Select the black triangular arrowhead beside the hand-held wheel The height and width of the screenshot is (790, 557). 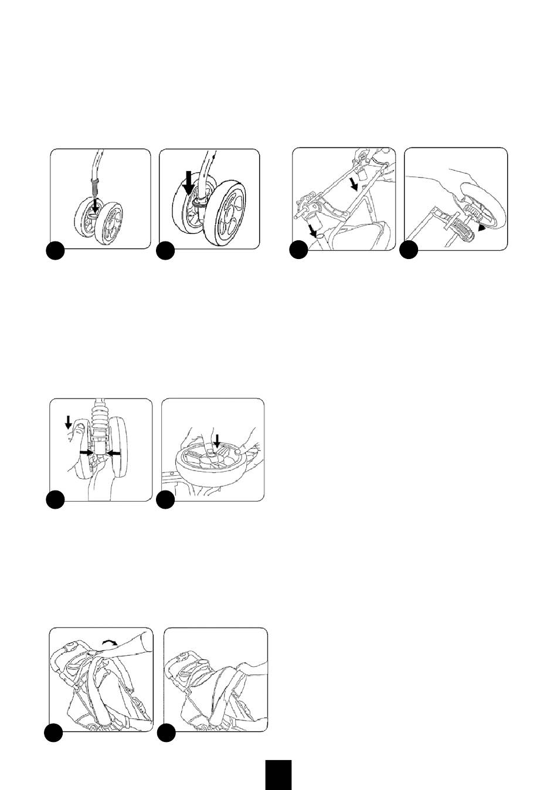[481, 230]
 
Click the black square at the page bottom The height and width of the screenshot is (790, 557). [277, 775]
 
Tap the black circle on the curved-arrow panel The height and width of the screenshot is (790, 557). [55, 733]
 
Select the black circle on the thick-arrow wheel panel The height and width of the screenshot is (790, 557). [166, 250]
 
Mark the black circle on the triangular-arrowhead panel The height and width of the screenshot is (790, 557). [409, 250]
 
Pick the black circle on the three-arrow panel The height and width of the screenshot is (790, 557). [55, 500]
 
